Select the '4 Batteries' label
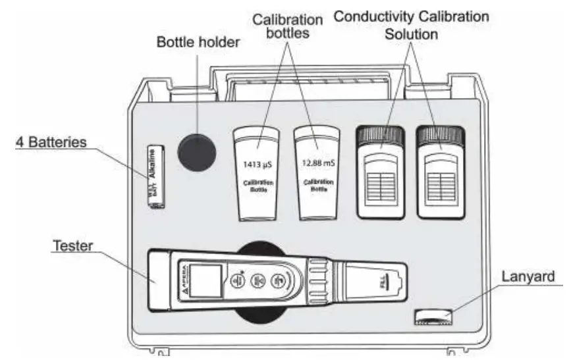click(x=51, y=142)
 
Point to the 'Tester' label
click(x=72, y=246)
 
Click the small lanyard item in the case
click(x=433, y=317)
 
